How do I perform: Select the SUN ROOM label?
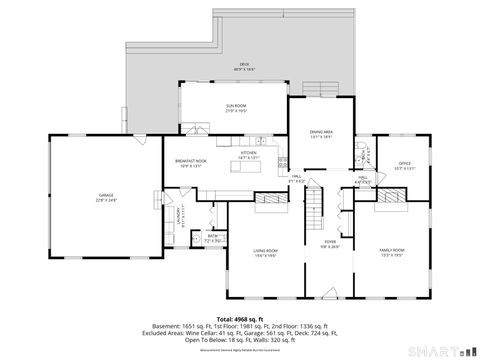(x=234, y=106)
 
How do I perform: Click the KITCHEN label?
(x=249, y=155)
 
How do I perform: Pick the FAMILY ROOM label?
(x=391, y=251)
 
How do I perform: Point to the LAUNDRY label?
(x=180, y=214)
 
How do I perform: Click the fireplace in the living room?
(x=267, y=199)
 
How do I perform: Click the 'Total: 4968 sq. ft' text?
(x=239, y=318)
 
